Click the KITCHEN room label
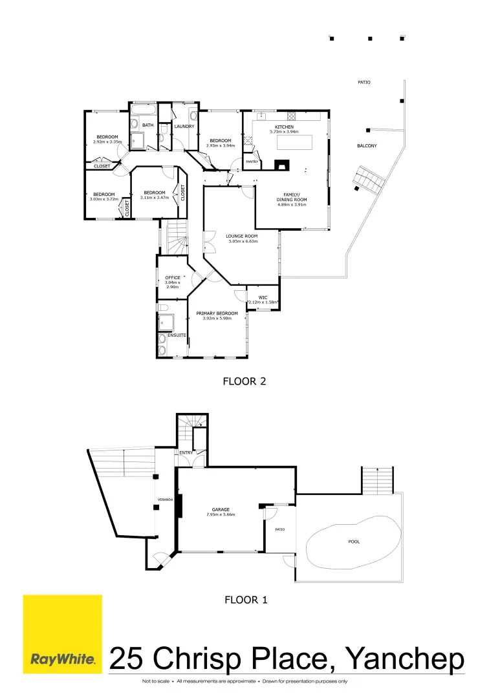click(285, 127)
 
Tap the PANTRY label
click(252, 162)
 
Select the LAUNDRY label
click(184, 126)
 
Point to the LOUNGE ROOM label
click(242, 236)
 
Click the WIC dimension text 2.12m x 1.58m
click(263, 302)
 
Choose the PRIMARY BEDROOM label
click(217, 313)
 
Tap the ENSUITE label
click(177, 335)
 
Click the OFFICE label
click(173, 277)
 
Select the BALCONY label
click(367, 146)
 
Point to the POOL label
click(354, 542)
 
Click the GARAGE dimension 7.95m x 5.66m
click(221, 514)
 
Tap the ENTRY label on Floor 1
click(186, 452)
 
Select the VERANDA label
click(164, 499)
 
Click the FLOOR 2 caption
click(244, 381)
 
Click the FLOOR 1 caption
click(246, 600)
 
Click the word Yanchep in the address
click(406, 659)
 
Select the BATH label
click(148, 125)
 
